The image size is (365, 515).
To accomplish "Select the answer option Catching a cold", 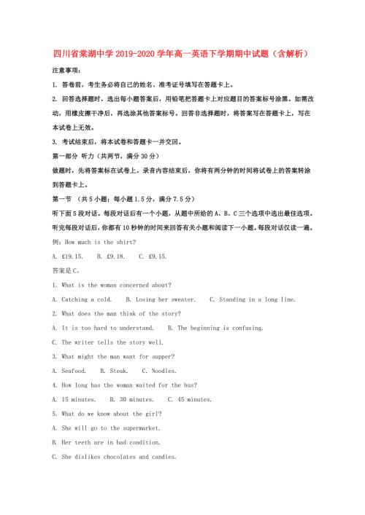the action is (82, 299).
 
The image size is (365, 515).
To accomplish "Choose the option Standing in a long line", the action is (253, 299).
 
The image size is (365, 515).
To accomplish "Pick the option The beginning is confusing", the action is (215, 328).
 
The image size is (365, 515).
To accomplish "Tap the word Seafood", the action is (74, 371).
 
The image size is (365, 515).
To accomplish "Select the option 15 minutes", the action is (74, 399).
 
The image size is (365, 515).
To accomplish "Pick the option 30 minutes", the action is (132, 399).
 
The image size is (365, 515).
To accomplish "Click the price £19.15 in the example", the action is (71, 256).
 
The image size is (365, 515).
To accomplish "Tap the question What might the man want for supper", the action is (113, 356).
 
